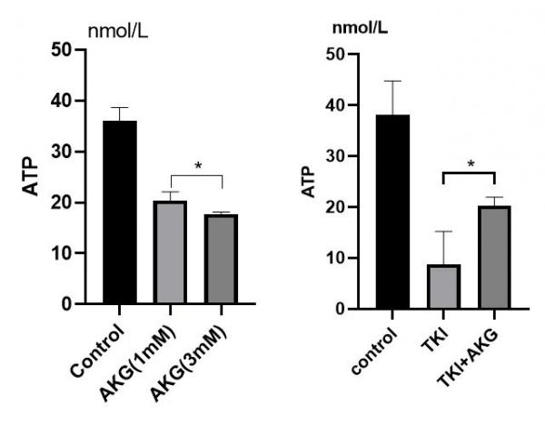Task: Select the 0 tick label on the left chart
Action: [x=68, y=304]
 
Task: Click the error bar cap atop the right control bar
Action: [x=391, y=81]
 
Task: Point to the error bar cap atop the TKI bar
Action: [x=442, y=232]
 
